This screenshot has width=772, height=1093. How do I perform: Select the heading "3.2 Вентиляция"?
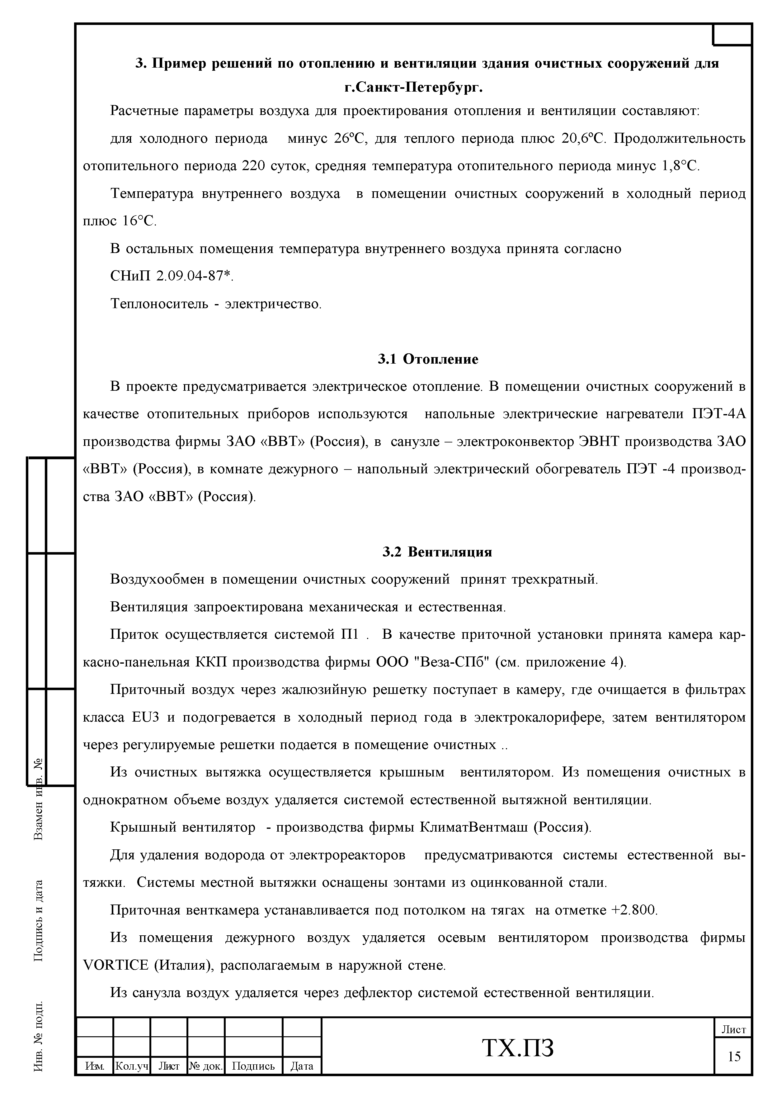pos(437,552)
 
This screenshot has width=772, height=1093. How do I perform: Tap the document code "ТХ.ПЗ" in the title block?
pos(518,1048)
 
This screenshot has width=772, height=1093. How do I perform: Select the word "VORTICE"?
pos(115,965)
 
